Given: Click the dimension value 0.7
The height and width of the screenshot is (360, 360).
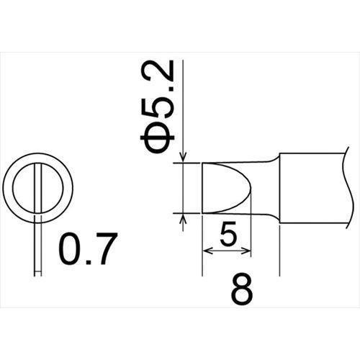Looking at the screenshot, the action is (x=88, y=248).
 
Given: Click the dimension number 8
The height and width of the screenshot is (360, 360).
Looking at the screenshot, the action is (x=242, y=291).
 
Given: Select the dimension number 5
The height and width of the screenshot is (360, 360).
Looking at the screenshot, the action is (x=228, y=234).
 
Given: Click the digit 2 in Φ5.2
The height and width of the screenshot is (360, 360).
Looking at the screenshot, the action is (x=156, y=71).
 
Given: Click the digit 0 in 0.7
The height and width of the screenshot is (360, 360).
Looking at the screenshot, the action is (x=71, y=248).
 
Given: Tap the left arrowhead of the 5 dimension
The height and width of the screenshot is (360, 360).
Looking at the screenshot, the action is (x=207, y=251).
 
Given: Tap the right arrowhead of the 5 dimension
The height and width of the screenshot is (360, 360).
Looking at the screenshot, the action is (x=246, y=251).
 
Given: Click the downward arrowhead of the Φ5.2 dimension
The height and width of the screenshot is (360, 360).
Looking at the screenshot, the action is (x=183, y=157).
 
